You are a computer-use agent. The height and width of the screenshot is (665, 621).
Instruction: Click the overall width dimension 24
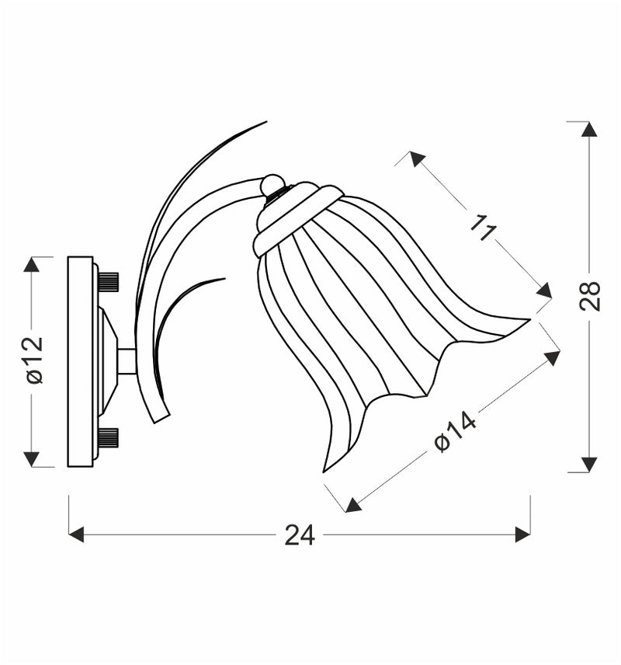tap(300, 535)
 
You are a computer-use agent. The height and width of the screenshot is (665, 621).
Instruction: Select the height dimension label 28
tap(590, 295)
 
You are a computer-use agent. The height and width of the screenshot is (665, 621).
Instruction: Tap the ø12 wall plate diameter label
tap(33, 360)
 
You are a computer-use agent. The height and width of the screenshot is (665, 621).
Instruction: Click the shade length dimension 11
tap(484, 227)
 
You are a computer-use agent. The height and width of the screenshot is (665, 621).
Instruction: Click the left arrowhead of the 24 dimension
tap(76, 534)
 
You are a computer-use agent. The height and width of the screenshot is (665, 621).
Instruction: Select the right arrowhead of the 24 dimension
tap(522, 534)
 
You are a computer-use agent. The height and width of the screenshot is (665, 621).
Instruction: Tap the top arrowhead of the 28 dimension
tap(589, 129)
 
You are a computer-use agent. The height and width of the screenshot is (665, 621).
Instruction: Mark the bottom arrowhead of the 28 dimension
tap(589, 465)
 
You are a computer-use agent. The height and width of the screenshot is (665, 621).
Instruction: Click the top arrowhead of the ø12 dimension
tap(31, 264)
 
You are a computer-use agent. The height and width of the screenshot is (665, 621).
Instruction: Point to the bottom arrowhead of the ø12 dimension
tap(31, 459)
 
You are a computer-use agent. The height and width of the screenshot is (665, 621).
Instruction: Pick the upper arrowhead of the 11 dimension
tap(418, 159)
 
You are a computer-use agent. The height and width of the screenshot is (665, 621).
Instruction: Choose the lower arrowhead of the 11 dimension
tap(544, 291)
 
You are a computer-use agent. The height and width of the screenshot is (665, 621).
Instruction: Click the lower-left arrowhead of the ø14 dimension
tap(353, 505)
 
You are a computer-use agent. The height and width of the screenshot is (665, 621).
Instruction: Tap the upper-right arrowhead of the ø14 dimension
tap(552, 358)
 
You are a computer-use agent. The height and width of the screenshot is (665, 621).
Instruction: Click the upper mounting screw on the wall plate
tap(109, 281)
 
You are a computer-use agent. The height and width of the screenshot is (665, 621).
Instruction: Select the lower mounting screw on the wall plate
tap(109, 437)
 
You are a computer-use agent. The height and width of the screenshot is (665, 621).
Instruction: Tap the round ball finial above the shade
tap(272, 185)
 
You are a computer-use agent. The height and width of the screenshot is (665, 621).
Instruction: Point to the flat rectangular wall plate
tap(80, 361)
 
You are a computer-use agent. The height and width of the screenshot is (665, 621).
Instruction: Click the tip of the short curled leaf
tap(224, 279)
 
